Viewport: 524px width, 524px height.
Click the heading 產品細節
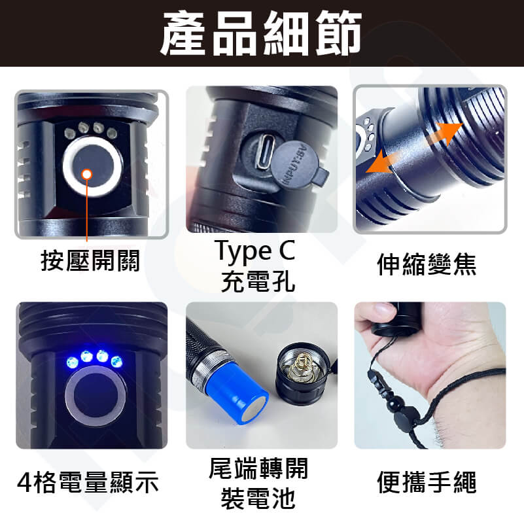(261, 33)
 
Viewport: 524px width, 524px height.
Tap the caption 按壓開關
(90, 260)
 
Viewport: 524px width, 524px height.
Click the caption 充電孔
(258, 281)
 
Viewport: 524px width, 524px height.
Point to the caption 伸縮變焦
(427, 264)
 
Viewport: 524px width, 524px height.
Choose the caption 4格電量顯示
(88, 482)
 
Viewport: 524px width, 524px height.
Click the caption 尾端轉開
(258, 468)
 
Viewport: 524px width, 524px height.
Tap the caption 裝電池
(258, 498)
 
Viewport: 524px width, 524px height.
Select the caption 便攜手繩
(427, 482)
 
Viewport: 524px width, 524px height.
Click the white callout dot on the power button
(87, 174)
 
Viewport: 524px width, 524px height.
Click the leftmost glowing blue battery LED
(73, 362)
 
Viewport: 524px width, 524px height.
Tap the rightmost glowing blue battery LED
(116, 362)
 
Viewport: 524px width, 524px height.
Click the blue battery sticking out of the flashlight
(237, 394)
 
